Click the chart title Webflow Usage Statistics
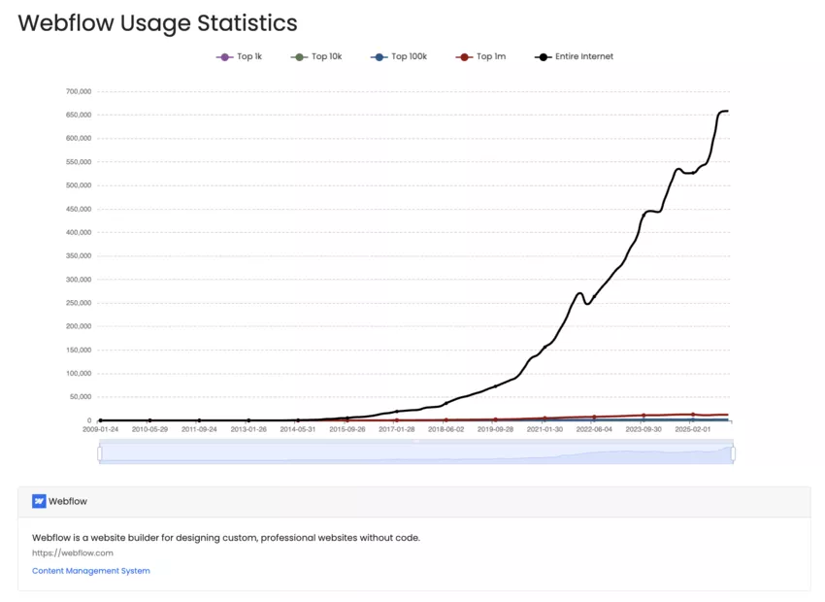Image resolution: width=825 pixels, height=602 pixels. (157, 23)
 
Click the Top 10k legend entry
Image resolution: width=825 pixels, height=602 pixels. (316, 57)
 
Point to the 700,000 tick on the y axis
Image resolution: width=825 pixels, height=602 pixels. (78, 91)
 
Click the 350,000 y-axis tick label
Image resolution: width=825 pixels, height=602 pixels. (78, 255)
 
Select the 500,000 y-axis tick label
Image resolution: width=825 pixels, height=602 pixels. (78, 185)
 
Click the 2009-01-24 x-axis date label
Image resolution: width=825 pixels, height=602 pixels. (100, 428)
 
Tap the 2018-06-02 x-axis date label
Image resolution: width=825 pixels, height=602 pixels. (445, 428)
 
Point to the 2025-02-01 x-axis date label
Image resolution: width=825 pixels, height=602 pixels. (692, 428)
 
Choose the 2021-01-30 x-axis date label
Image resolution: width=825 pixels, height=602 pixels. (544, 428)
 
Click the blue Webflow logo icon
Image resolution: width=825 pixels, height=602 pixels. (39, 502)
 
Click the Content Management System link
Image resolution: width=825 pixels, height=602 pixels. (91, 571)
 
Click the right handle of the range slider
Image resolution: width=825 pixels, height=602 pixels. (733, 453)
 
